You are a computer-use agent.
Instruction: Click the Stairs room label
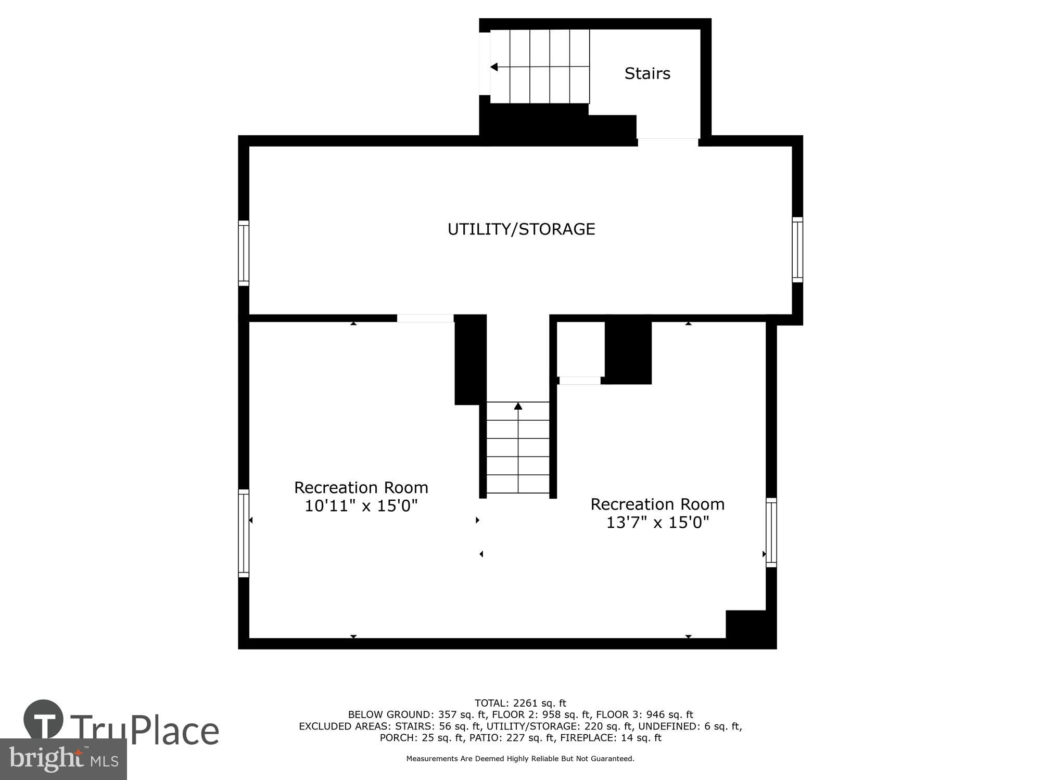647,73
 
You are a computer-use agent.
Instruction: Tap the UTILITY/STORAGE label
521,229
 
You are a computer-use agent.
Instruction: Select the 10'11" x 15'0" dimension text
361,505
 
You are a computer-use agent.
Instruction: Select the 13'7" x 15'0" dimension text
657,522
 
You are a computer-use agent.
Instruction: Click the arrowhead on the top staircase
494,67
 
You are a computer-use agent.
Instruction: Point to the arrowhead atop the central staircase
518,406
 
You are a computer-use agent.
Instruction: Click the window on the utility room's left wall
244,253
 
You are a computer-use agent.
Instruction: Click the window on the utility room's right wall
797,250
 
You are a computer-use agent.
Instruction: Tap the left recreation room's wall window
244,532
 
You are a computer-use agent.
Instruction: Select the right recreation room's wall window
771,532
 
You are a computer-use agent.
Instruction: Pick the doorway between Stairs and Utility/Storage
668,139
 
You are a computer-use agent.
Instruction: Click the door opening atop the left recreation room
425,318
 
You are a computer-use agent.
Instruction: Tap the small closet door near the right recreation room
579,381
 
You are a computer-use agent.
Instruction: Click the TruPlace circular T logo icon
44,720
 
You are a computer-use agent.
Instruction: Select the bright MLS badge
63,759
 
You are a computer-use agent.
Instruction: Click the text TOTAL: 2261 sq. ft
520,704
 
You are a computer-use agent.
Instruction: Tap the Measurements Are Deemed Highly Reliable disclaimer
520,759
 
